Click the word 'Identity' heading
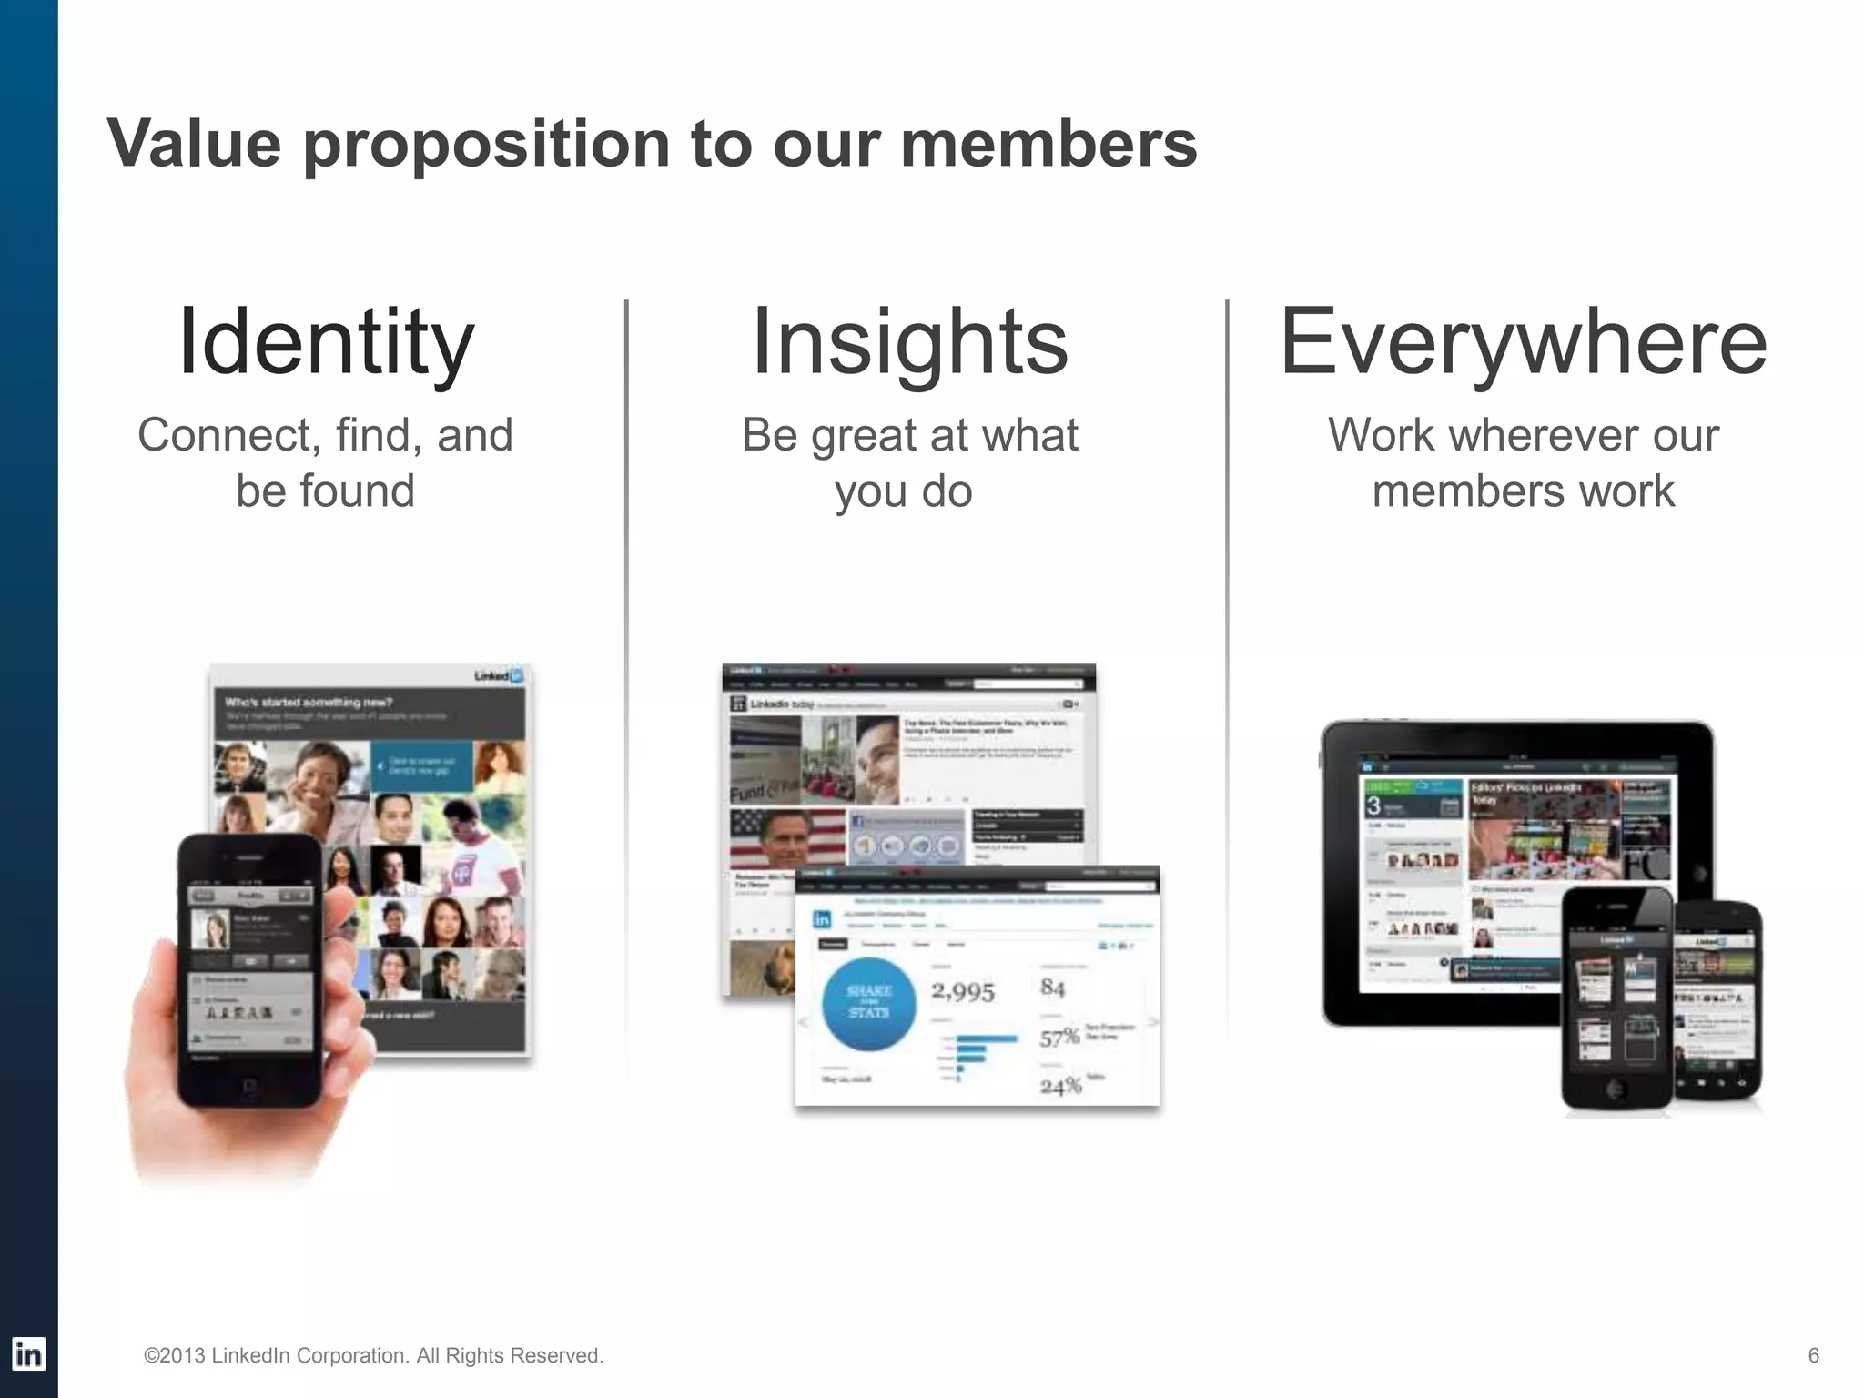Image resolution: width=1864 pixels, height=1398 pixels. [326, 342]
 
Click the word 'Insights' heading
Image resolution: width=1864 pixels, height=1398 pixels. [909, 342]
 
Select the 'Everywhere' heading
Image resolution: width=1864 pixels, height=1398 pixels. [1523, 342]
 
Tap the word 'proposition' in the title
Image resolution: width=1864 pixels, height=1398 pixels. [487, 144]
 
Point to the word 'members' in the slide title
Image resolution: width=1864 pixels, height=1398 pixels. [1048, 144]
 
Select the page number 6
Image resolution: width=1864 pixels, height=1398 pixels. [1813, 1355]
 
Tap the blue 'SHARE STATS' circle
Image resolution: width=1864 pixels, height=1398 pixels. [868, 1001]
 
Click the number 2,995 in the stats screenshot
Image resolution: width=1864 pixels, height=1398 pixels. [962, 991]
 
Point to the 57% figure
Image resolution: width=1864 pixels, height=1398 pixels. [1059, 1038]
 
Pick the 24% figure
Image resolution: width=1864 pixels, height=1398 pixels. [1060, 1086]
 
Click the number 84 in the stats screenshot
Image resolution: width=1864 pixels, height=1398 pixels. [1052, 987]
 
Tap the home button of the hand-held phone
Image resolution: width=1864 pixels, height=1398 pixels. [248, 1089]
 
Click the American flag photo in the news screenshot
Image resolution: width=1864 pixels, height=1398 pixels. [787, 837]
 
